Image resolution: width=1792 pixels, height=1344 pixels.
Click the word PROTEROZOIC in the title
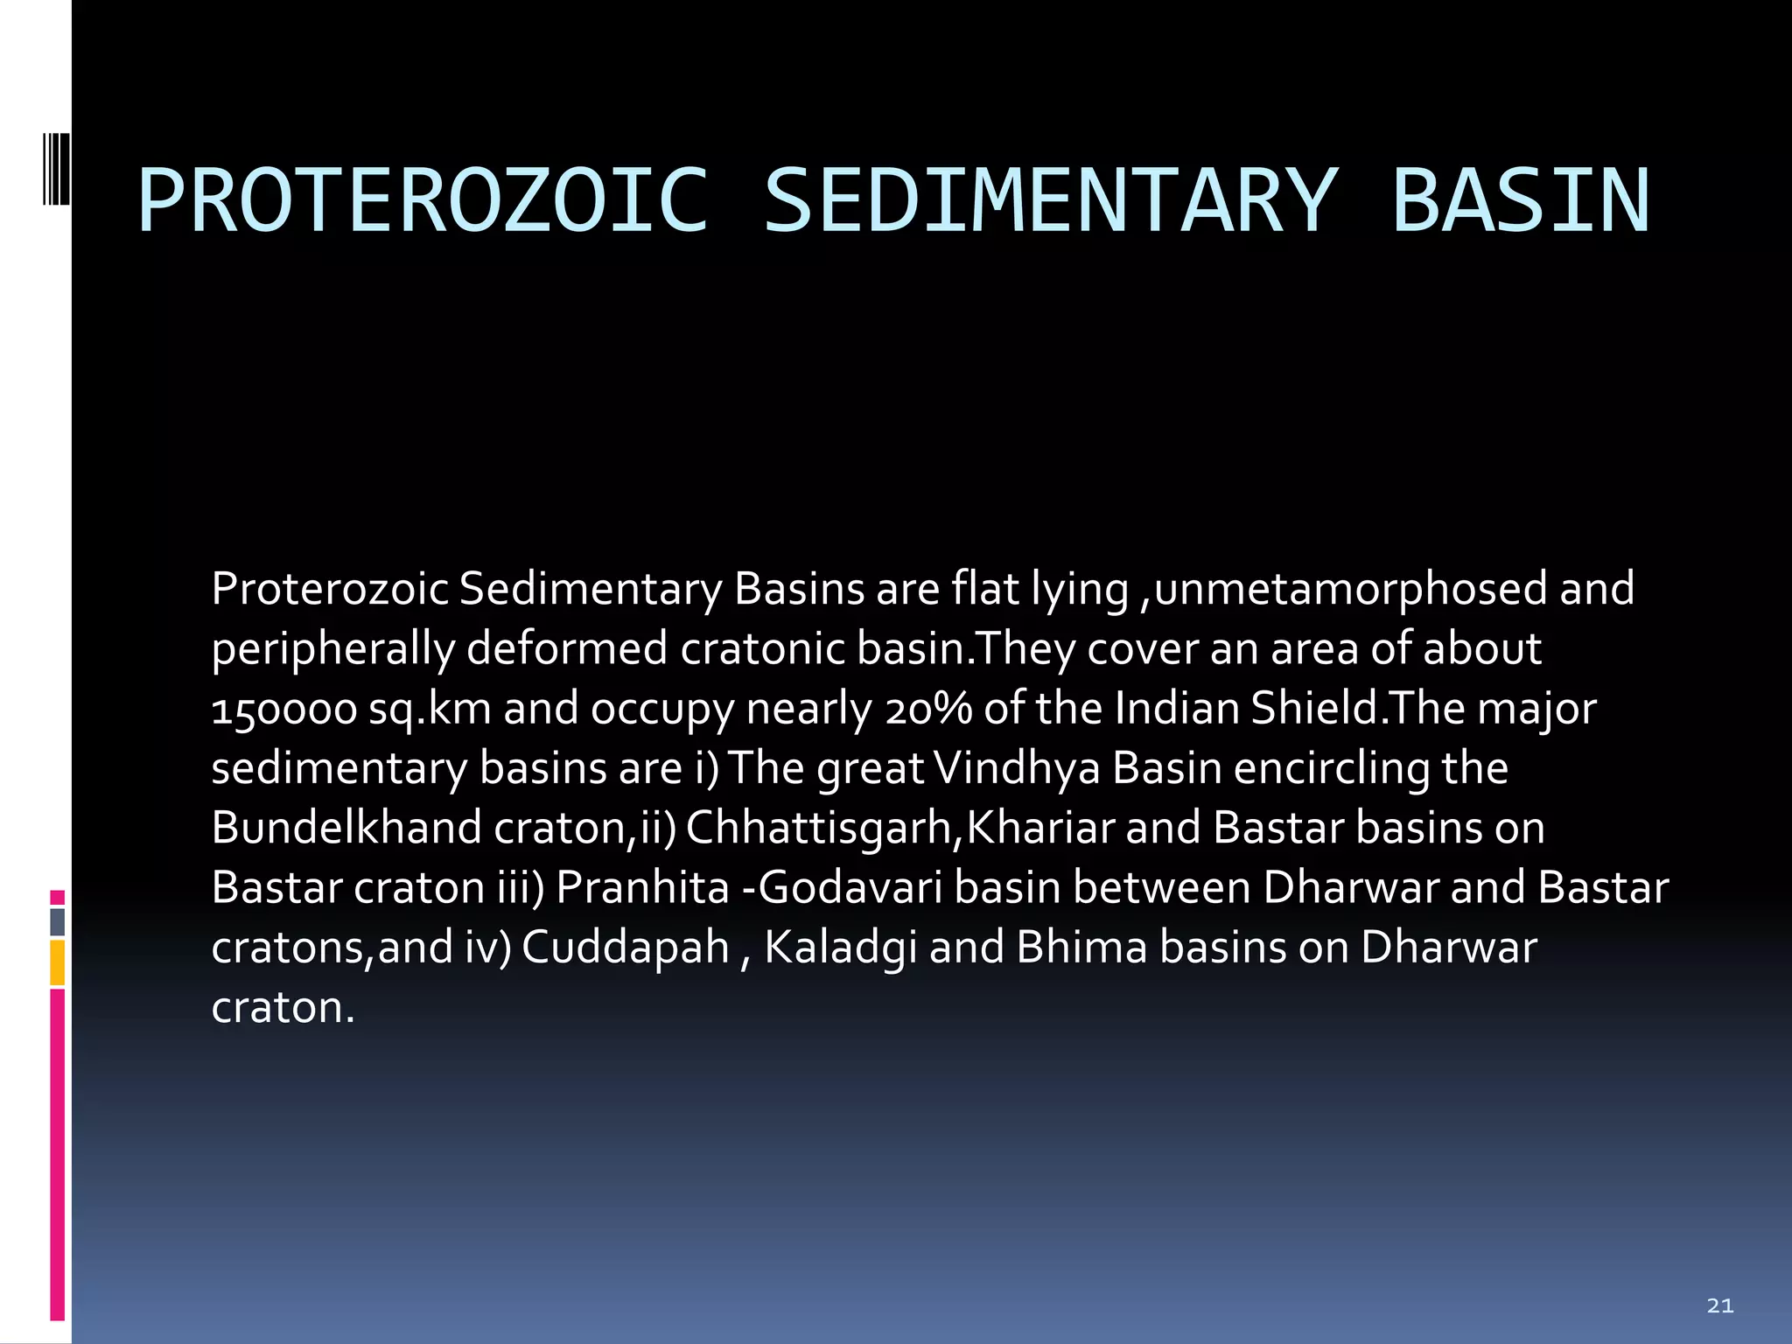click(423, 202)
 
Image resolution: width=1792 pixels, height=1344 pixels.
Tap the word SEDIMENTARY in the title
click(1050, 202)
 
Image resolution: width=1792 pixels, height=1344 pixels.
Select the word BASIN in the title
click(1521, 202)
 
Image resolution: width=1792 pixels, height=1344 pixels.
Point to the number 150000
click(283, 709)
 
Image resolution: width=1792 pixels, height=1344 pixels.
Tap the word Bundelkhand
click(346, 828)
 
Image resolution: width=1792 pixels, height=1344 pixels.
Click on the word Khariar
click(1039, 828)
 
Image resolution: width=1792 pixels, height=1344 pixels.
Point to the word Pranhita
click(642, 887)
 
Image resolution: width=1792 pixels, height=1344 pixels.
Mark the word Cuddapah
click(626, 948)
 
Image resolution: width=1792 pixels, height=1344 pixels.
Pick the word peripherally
click(332, 649)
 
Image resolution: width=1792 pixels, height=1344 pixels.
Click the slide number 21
click(1719, 1305)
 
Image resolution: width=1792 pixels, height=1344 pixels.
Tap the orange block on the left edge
click(57, 962)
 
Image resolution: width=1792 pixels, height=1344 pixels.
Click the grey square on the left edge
click(57, 921)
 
